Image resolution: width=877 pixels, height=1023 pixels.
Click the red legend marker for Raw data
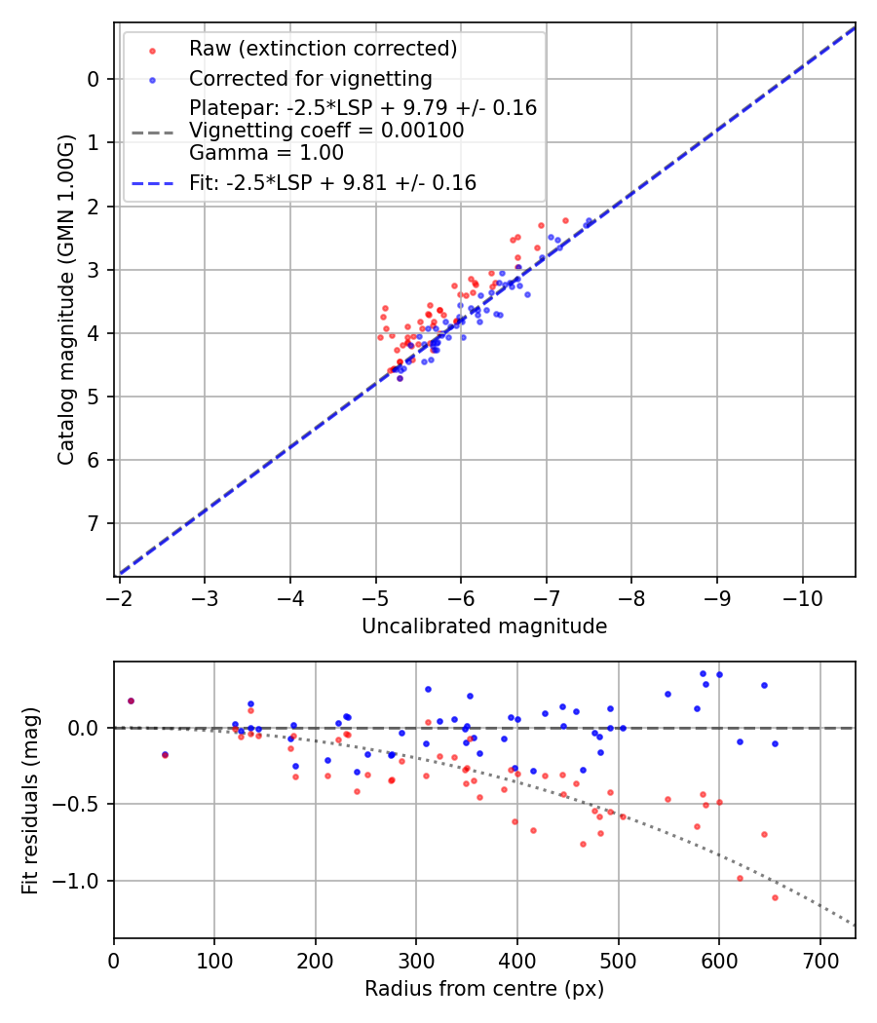[151, 49]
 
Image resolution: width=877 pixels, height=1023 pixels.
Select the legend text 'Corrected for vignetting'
[310, 78]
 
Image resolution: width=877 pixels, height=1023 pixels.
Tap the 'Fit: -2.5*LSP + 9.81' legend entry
[332, 182]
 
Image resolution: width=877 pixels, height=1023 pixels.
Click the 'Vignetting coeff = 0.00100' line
[326, 130]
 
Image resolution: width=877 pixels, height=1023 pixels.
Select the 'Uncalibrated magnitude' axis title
[484, 626]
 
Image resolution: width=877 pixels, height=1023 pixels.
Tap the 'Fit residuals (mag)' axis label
[30, 800]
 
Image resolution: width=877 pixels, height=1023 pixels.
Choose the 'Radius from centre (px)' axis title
[484, 989]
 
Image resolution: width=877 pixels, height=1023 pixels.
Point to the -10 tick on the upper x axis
[802, 593]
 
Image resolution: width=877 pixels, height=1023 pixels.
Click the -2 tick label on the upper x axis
[119, 593]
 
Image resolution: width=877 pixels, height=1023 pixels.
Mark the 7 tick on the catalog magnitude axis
[94, 523]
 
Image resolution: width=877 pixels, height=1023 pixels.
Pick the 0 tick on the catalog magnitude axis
[94, 79]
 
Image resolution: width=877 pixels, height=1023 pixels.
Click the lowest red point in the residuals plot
[775, 897]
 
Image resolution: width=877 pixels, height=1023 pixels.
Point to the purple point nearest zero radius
[131, 701]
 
